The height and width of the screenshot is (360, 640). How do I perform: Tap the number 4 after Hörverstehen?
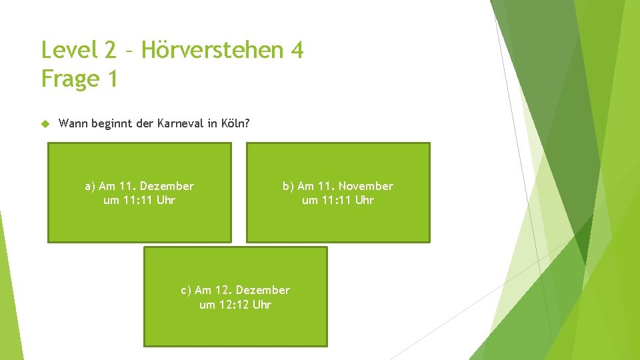tap(297, 50)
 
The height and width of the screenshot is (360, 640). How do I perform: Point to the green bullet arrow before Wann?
tap(45, 123)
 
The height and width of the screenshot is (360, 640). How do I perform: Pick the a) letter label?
tap(91, 186)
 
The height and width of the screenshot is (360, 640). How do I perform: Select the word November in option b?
tap(365, 186)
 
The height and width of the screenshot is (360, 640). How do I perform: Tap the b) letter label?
tap(289, 186)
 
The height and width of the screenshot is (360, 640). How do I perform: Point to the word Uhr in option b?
tap(364, 200)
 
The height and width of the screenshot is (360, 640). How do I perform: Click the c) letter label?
tap(187, 290)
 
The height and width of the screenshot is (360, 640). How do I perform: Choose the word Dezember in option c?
tap(263, 290)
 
